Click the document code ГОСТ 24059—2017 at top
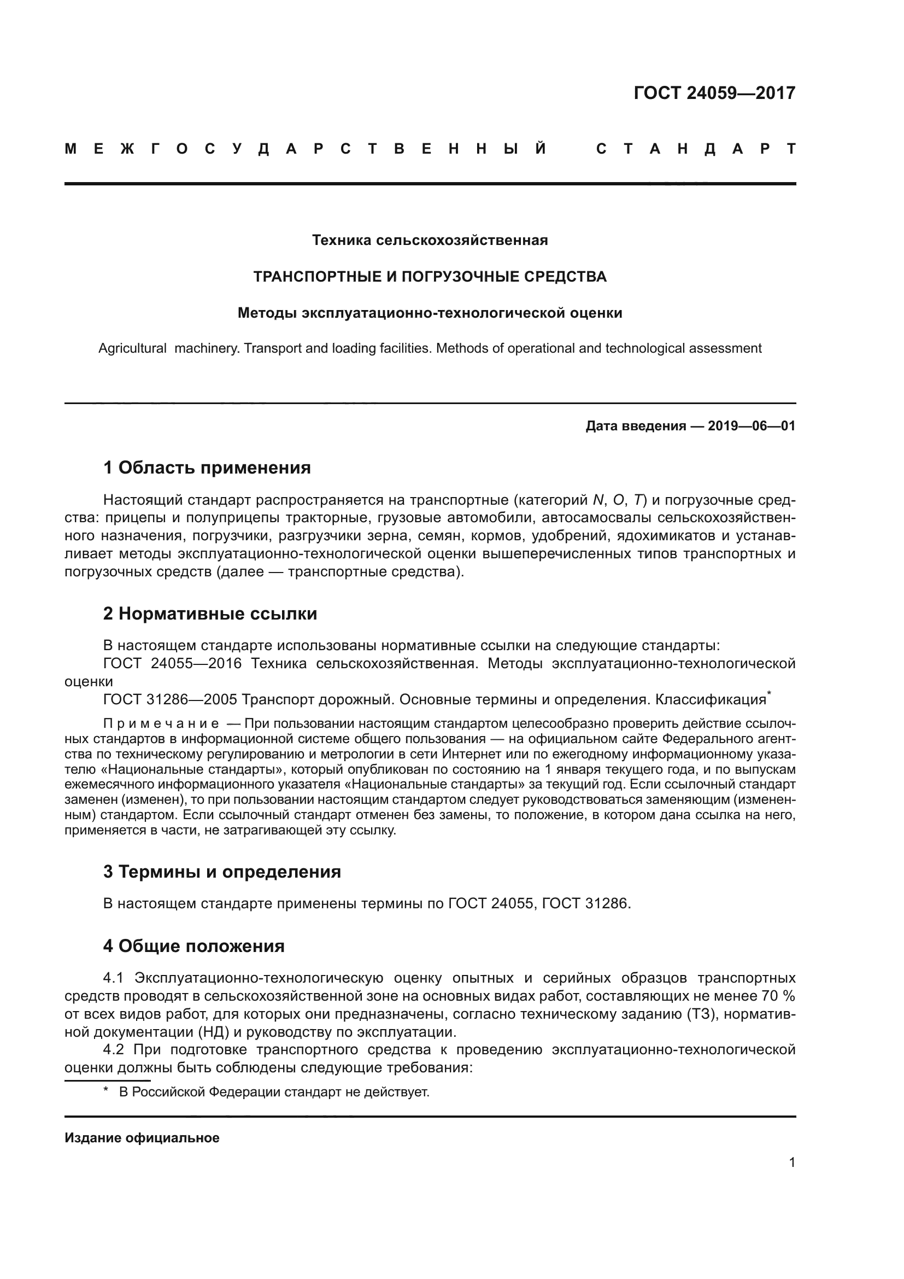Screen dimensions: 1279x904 click(714, 92)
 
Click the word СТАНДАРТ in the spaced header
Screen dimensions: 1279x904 click(696, 149)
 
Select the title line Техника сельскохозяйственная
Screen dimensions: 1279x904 click(430, 240)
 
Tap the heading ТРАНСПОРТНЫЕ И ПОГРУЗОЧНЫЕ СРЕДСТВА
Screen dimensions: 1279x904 click(430, 276)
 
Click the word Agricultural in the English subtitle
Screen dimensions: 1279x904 click(132, 348)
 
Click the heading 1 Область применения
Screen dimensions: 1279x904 click(207, 468)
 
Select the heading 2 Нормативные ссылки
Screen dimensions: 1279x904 click(210, 614)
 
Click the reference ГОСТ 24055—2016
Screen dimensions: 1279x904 click(173, 663)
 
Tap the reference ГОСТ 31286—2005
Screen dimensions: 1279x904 click(171, 699)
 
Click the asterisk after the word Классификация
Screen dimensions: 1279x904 click(769, 693)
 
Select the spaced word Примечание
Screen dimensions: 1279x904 click(161, 723)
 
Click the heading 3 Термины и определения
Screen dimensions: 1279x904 click(222, 871)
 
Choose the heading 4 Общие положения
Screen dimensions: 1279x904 click(193, 946)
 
